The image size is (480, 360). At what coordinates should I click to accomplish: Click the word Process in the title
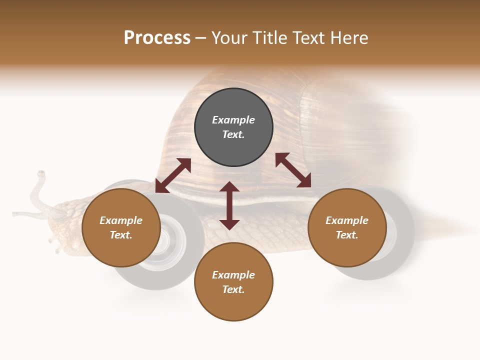pyautogui.click(x=157, y=38)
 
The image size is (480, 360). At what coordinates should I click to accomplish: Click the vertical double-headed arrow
pyautogui.click(x=229, y=205)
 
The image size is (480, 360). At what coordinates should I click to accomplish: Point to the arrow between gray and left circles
pyautogui.click(x=173, y=175)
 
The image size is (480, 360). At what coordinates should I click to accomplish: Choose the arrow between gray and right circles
pyautogui.click(x=293, y=170)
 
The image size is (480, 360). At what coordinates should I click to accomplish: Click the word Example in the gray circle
pyautogui.click(x=233, y=120)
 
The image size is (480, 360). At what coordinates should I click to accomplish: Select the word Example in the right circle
pyautogui.click(x=347, y=220)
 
